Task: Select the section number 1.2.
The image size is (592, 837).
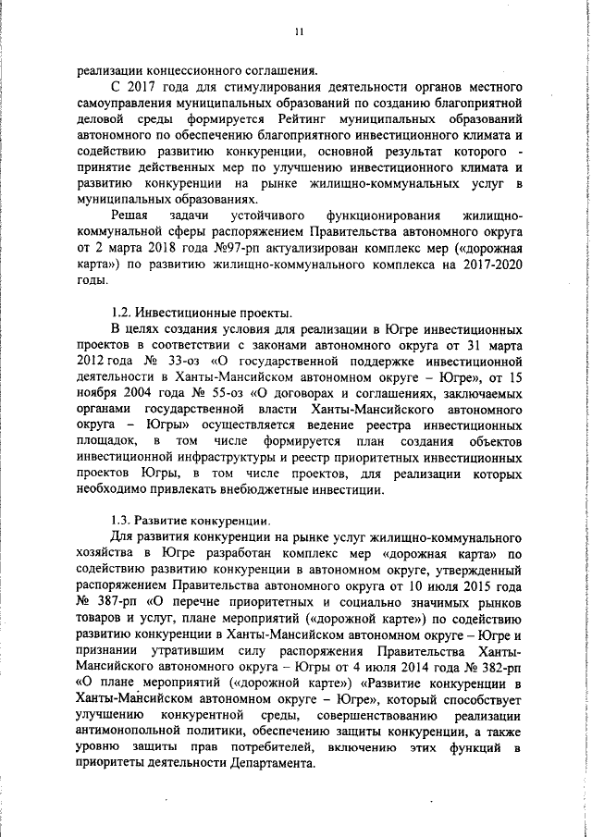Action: point(121,312)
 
